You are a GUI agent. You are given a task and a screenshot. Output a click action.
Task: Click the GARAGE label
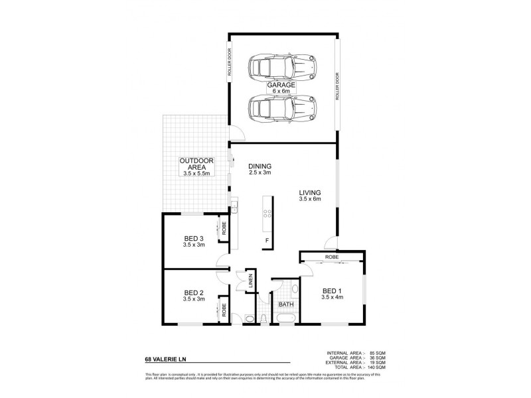[281, 86]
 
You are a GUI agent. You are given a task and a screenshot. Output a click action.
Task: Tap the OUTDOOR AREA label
[195, 165]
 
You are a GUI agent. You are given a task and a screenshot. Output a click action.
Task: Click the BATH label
[286, 305]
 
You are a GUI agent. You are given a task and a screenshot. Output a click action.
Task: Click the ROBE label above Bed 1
[332, 255]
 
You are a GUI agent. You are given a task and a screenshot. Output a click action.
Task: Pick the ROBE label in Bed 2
[225, 310]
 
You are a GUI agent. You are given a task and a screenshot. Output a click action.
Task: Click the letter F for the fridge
[267, 239]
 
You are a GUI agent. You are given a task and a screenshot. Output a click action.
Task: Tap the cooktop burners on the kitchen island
[267, 214]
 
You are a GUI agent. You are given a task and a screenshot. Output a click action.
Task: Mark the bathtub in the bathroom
[286, 320]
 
